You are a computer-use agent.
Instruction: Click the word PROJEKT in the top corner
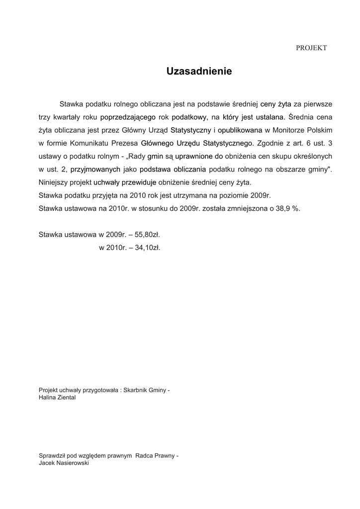click(x=311, y=48)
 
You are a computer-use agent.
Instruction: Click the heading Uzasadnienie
click(x=199, y=72)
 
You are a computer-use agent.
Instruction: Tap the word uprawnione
click(x=195, y=156)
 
